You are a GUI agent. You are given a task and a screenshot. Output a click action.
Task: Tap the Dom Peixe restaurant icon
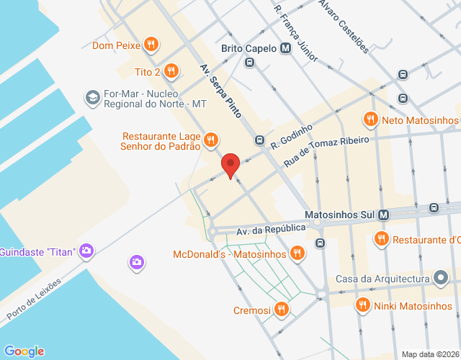point(151,45)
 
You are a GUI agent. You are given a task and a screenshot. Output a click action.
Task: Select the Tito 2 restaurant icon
point(171,71)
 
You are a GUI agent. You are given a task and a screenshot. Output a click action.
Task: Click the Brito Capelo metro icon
point(286,49)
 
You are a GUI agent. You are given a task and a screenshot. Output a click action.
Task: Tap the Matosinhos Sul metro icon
point(383,215)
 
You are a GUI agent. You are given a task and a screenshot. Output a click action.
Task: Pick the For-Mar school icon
point(92,97)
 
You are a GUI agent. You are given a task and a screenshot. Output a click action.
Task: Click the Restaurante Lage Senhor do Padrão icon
point(211,139)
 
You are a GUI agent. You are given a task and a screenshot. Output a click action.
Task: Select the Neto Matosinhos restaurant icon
point(371,120)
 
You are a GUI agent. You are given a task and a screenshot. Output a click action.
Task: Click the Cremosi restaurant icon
point(282,310)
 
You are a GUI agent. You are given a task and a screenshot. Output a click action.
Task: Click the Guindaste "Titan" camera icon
point(86,251)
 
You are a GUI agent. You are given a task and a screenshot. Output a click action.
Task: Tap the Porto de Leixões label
point(34,298)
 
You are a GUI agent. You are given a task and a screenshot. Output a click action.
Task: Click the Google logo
point(24,351)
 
